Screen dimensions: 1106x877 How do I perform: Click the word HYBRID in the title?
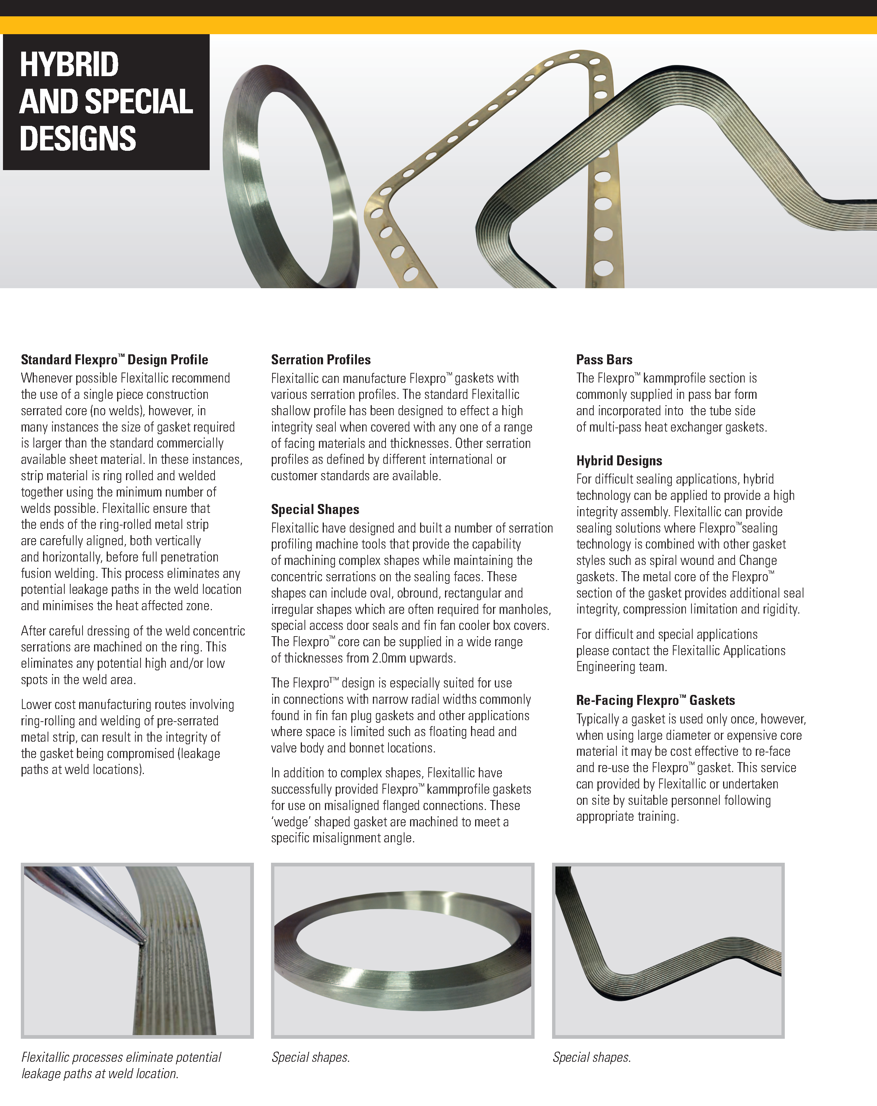pos(69,65)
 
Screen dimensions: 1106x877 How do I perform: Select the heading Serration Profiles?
pos(320,360)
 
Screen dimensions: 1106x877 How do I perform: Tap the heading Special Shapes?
pos(315,510)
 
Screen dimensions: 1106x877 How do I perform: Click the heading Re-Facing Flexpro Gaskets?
pos(655,700)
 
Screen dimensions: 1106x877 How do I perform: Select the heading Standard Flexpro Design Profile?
pos(115,360)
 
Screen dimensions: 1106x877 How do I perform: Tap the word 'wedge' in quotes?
pos(291,822)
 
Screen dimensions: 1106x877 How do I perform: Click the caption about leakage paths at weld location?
pos(121,1065)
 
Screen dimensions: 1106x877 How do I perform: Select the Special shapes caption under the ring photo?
pos(311,1057)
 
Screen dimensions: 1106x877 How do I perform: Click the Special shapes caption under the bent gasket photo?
pos(591,1057)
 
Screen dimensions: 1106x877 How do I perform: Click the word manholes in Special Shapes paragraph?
pos(528,609)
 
